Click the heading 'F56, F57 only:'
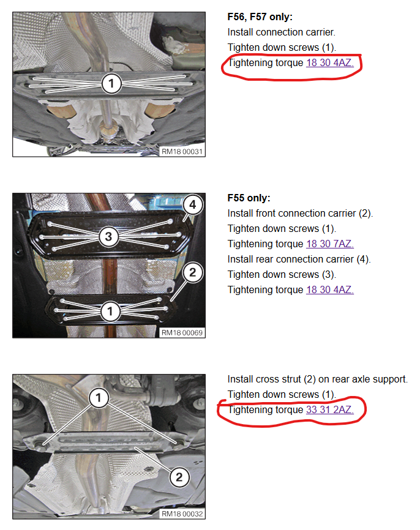coord(260,17)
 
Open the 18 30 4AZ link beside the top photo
coord(330,62)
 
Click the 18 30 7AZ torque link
coord(330,244)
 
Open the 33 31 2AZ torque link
coord(330,409)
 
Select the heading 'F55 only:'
coord(249,198)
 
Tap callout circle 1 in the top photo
coord(111,83)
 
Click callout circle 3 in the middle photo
coord(108,236)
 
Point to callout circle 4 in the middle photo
coord(193,204)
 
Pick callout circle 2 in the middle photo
coord(193,272)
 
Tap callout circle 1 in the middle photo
coord(110,311)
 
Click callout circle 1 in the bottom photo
coord(99,398)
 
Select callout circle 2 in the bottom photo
coord(179,477)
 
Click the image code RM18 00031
coord(182,151)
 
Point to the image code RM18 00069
coord(182,332)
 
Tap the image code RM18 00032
coord(182,513)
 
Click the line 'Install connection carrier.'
coord(282,32)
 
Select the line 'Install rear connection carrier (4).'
coord(299,259)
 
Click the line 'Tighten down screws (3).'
coord(282,274)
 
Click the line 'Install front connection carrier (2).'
coord(300,213)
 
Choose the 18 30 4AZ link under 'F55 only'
coord(330,289)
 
